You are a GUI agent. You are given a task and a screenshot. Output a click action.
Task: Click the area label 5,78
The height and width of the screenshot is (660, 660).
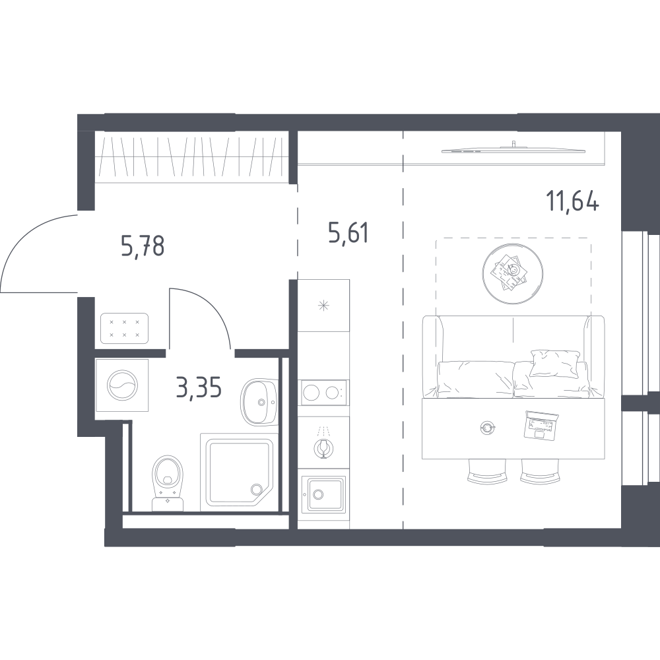[143, 246]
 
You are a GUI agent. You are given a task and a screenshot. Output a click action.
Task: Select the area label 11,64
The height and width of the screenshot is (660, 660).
[572, 201]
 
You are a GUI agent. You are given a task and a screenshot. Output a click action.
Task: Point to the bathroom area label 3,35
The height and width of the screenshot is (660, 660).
[199, 387]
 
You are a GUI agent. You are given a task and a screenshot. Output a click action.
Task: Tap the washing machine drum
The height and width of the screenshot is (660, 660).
[122, 385]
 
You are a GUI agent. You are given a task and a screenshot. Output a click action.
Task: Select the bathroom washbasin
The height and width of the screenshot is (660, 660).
[259, 402]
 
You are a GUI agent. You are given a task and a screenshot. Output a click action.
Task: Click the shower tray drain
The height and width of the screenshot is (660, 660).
[256, 489]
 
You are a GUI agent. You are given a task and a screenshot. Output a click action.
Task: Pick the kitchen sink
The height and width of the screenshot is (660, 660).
[323, 494]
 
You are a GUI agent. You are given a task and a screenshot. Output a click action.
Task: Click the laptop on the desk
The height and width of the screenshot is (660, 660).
[541, 426]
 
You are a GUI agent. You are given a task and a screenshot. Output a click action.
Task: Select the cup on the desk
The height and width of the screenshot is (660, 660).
[488, 428]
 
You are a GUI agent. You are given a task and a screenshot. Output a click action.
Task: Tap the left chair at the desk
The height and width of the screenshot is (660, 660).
[487, 471]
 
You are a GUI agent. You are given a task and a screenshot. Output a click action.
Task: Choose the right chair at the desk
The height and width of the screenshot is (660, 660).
[541, 471]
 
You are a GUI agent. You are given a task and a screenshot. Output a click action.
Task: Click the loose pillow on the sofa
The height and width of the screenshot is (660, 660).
[554, 363]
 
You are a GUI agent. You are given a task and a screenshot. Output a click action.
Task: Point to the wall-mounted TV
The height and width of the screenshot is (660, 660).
[513, 148]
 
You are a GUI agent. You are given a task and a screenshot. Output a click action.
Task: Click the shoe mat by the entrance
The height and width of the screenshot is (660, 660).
[125, 329]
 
